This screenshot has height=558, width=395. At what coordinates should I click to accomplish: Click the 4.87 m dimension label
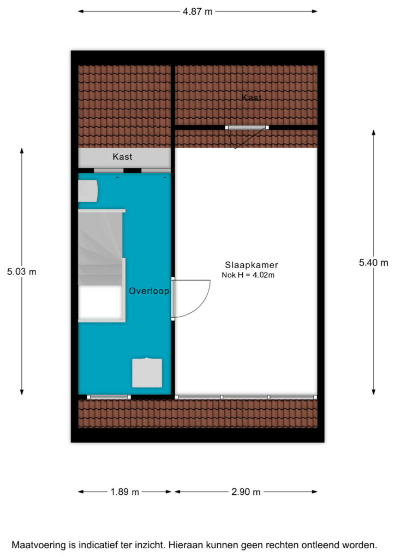pyautogui.click(x=197, y=11)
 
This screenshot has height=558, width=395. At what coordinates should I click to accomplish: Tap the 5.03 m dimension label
pyautogui.click(x=22, y=272)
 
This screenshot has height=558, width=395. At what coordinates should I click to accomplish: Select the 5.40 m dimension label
pyautogui.click(x=373, y=263)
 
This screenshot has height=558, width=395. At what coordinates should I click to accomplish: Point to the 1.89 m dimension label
pyautogui.click(x=124, y=492)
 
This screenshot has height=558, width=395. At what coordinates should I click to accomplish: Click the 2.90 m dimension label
pyautogui.click(x=246, y=492)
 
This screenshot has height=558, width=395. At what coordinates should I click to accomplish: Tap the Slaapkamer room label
pyautogui.click(x=252, y=265)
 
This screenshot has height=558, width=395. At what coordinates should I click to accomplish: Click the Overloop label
pyautogui.click(x=149, y=291)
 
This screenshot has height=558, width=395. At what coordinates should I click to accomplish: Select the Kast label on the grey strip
pyautogui.click(x=122, y=156)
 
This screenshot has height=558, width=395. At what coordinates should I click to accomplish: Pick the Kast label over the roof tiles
pyautogui.click(x=252, y=97)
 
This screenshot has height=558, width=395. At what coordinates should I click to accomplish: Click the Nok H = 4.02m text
pyautogui.click(x=248, y=275)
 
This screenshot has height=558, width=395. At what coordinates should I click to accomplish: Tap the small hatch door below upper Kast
pyautogui.click(x=247, y=128)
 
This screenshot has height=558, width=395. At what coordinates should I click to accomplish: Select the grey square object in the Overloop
pyautogui.click(x=147, y=373)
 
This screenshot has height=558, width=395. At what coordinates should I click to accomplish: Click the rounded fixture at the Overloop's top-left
pyautogui.click(x=88, y=191)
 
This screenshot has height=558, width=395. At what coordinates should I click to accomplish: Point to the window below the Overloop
pyautogui.click(x=109, y=397)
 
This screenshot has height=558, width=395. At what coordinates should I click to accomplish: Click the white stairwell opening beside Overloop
pyautogui.click(x=101, y=302)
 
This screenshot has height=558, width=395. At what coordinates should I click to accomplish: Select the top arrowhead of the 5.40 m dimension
pyautogui.click(x=374, y=132)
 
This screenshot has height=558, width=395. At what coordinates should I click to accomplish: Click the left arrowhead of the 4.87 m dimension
pyautogui.click(x=81, y=11)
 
